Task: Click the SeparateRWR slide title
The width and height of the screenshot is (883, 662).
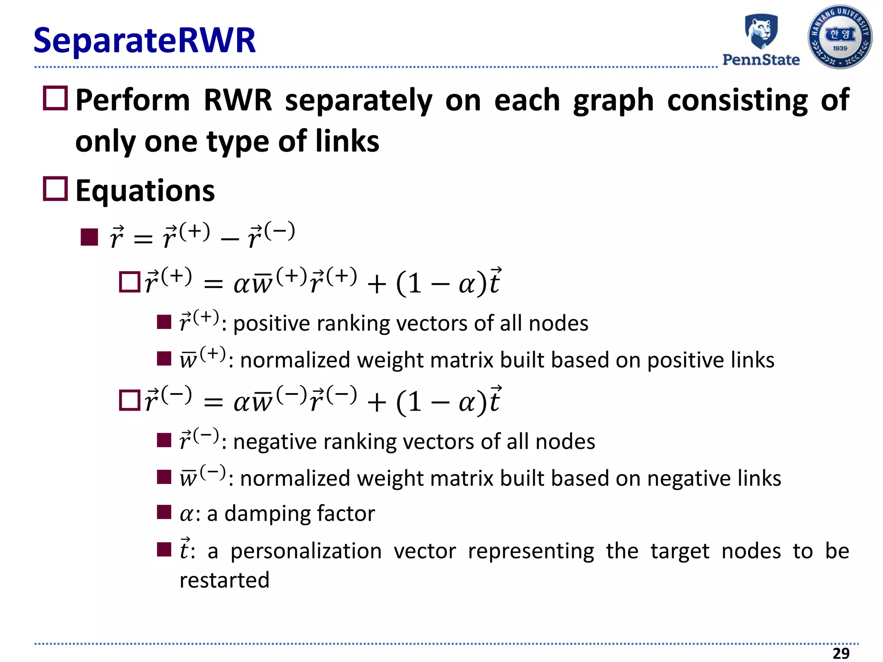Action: (144, 41)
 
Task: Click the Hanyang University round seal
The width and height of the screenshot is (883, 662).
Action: (839, 37)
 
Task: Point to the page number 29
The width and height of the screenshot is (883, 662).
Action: (841, 653)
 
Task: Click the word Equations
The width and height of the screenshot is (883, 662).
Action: (145, 191)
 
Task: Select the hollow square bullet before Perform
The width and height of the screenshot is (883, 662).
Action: (55, 99)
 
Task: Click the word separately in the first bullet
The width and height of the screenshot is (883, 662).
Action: (358, 100)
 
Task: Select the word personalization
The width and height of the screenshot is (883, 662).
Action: (306, 551)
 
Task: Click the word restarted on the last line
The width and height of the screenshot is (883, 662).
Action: (224, 580)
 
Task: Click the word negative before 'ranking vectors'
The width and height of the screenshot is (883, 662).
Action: (275, 442)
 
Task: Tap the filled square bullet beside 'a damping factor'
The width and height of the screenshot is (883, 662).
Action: (164, 512)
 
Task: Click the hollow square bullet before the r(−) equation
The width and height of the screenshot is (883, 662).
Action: (129, 400)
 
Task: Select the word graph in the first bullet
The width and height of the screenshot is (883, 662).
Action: (613, 100)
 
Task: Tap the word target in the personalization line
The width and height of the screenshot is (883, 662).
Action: (679, 551)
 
